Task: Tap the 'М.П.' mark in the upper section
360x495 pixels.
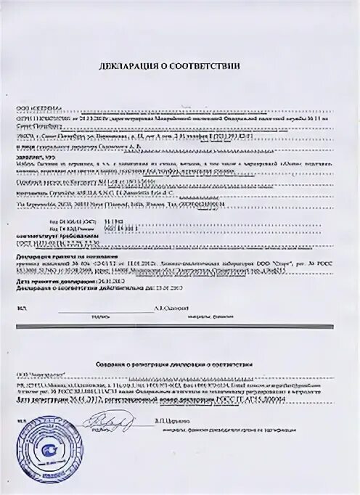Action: click(x=22, y=307)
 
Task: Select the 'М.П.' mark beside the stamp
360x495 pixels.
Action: click(x=22, y=420)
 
